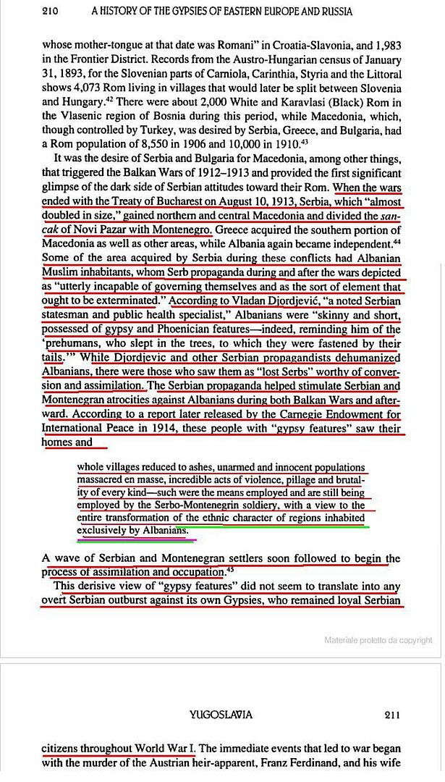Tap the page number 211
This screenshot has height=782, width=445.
[391, 715]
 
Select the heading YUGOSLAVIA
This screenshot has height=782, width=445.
[221, 715]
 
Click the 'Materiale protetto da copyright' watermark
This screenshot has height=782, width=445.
[378, 640]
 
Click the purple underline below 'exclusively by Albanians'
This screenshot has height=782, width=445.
[137, 539]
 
